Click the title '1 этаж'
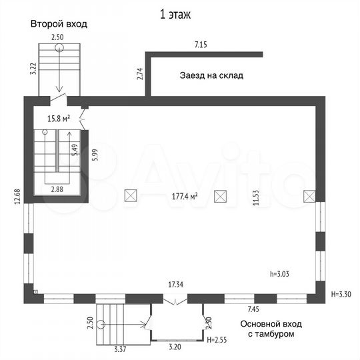point(175,15)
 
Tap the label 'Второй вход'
point(59,24)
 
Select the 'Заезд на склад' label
point(211,75)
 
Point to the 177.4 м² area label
point(185,197)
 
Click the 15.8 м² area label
point(59,119)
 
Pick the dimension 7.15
point(201,45)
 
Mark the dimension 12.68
point(17,196)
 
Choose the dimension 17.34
point(175,285)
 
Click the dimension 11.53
point(256,197)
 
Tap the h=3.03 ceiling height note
point(279,274)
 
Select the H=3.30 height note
point(341,294)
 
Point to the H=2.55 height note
point(217,340)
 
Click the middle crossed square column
point(220,196)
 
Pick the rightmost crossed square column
point(309,196)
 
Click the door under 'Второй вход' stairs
point(59,98)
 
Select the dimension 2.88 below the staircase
point(57,189)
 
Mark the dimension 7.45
point(253,309)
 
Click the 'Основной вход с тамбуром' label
point(271,329)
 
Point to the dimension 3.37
point(120,349)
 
